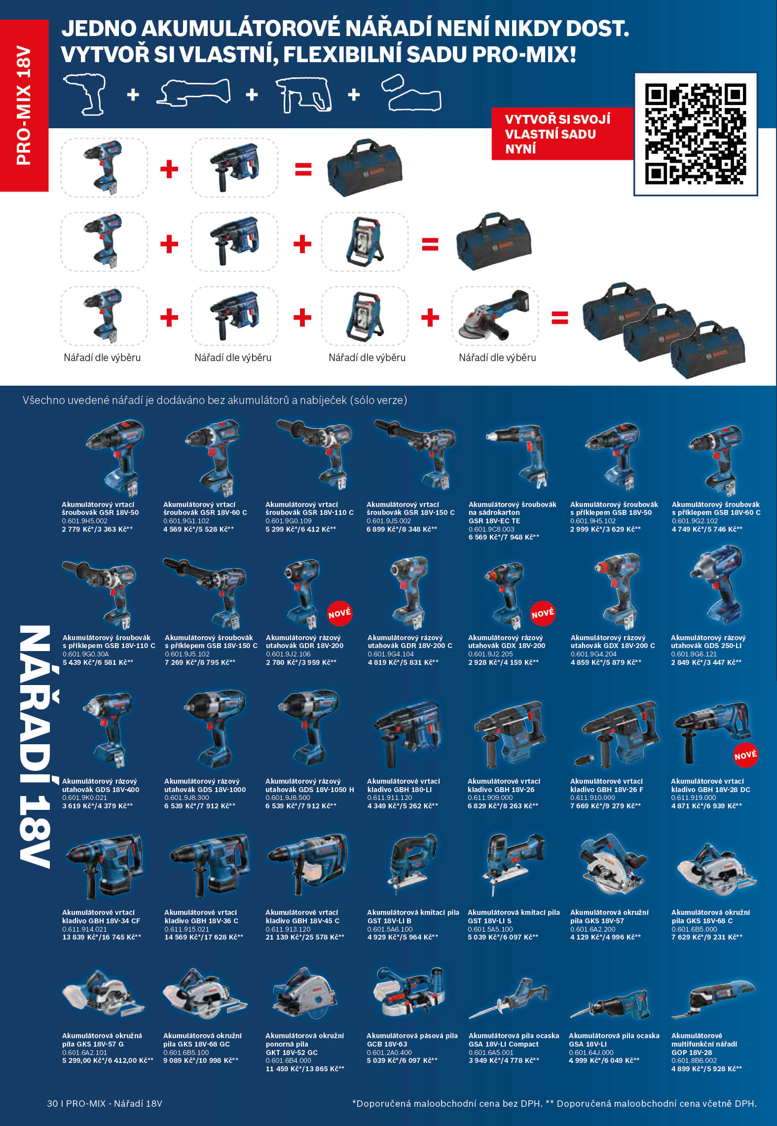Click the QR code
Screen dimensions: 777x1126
point(695,134)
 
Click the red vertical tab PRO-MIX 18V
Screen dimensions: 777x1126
point(24,106)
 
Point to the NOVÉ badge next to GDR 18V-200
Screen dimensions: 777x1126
point(340,613)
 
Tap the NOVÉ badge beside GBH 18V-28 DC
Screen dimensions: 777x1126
point(745,755)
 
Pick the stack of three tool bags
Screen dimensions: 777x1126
point(664,330)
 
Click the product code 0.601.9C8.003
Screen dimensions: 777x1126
point(491,529)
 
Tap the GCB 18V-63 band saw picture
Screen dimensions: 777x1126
point(409,991)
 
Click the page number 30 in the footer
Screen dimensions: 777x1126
point(52,1103)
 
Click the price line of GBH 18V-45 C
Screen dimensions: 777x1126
point(305,937)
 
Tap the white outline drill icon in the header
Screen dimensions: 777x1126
point(85,94)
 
